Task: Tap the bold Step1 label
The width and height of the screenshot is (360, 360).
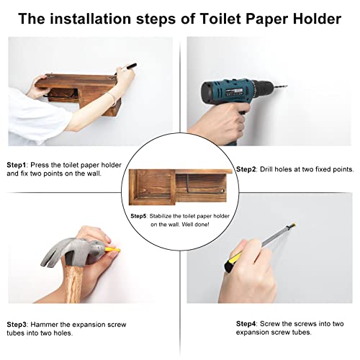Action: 17,164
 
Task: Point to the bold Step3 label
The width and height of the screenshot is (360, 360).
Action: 17,324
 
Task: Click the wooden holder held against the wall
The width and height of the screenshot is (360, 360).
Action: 79,90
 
